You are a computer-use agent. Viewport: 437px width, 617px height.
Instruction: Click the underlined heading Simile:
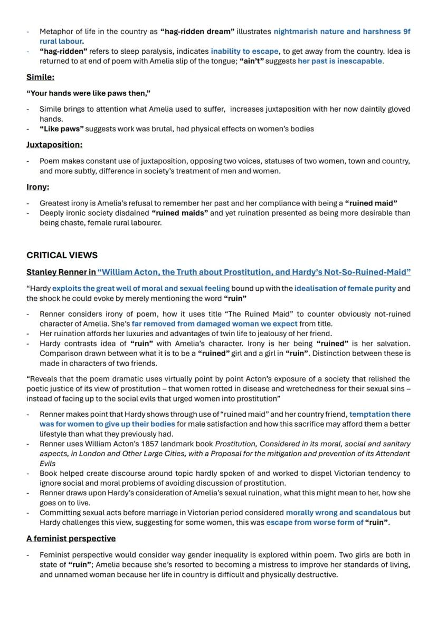click(x=40, y=77)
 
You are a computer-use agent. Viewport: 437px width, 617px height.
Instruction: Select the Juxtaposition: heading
click(x=54, y=144)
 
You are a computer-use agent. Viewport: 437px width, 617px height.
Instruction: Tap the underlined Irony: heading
click(x=37, y=187)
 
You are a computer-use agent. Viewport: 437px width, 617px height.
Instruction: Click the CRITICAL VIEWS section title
click(x=62, y=255)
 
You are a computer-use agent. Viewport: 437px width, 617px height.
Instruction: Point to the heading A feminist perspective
click(x=71, y=538)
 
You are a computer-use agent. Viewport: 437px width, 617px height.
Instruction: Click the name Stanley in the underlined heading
click(x=42, y=272)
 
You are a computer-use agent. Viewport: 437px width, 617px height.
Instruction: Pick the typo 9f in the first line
click(x=406, y=32)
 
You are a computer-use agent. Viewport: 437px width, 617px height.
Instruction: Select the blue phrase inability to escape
click(x=244, y=52)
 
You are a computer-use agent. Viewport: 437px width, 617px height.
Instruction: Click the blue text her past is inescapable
click(x=340, y=61)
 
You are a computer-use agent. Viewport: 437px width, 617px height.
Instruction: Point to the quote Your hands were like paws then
click(x=89, y=93)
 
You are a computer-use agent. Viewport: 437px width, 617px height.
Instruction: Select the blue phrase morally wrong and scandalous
click(x=341, y=513)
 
